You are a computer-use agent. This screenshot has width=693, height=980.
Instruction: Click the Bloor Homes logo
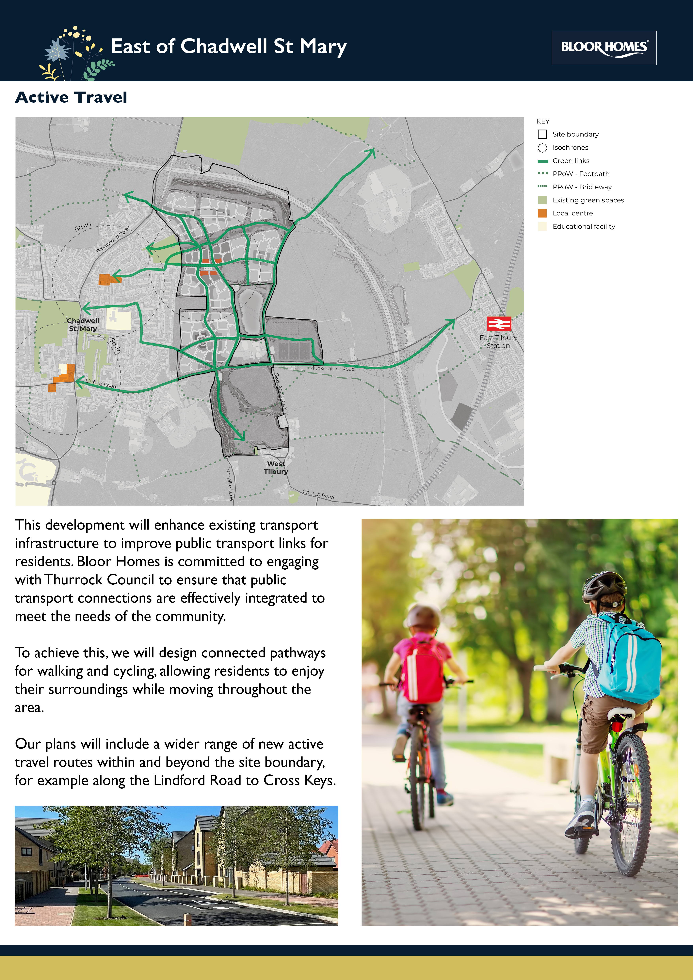pos(604,47)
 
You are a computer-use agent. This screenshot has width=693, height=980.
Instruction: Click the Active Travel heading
pos(71,97)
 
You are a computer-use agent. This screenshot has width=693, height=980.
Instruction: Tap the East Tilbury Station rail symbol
pos(499,324)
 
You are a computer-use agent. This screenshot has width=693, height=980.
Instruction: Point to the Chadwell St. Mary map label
pos(83,324)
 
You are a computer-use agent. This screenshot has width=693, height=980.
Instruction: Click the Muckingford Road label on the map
pos(332,368)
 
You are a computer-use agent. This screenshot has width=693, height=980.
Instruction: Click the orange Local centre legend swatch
pos(542,213)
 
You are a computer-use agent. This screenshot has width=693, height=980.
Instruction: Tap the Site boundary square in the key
pos(542,134)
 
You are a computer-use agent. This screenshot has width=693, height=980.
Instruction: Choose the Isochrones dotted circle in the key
pos(542,148)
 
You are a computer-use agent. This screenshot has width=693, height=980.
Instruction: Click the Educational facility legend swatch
pos(542,226)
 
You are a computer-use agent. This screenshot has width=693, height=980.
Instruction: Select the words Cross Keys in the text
pos(299,780)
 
